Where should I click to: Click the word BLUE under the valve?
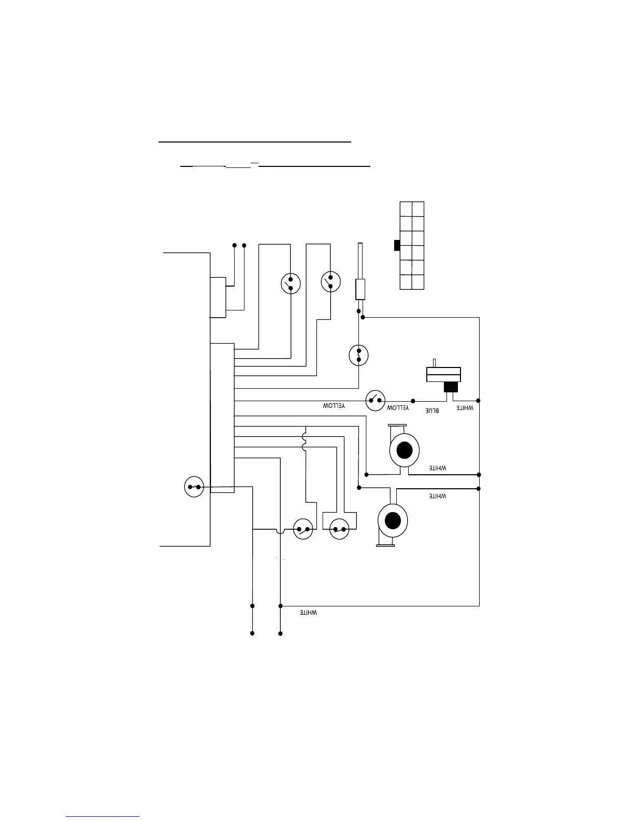pyautogui.click(x=433, y=410)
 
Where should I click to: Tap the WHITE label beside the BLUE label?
pyautogui.click(x=465, y=408)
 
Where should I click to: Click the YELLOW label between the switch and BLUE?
pyautogui.click(x=398, y=408)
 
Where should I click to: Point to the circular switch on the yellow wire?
pyautogui.click(x=376, y=401)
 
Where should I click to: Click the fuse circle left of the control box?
pyautogui.click(x=194, y=487)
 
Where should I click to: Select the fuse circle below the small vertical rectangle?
pyautogui.click(x=359, y=355)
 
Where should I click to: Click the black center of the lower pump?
pyautogui.click(x=393, y=520)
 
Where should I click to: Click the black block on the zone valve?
pyautogui.click(x=451, y=387)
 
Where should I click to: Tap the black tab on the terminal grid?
pyautogui.click(x=397, y=246)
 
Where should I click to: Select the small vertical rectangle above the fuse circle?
pyautogui.click(x=361, y=289)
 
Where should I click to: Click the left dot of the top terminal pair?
pyautogui.click(x=234, y=245)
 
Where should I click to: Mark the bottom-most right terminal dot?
pyautogui.click(x=280, y=633)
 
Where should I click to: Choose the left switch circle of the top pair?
pyautogui.click(x=291, y=284)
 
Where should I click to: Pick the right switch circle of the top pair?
pyautogui.click(x=331, y=281)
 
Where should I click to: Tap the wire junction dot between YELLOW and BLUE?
pyautogui.click(x=413, y=401)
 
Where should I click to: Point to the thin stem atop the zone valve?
pyautogui.click(x=435, y=362)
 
